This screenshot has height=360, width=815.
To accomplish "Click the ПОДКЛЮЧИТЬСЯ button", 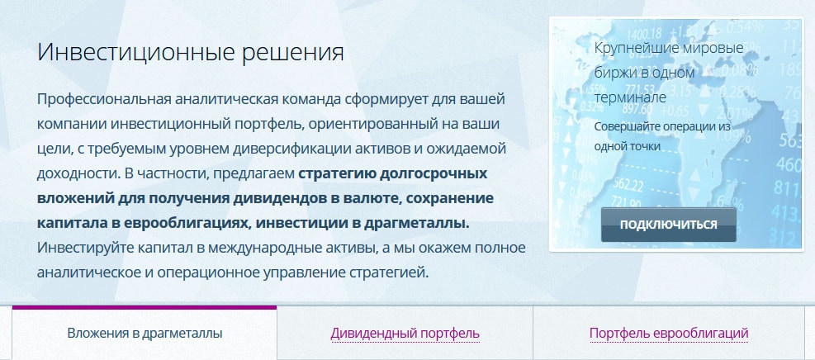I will click(x=668, y=224).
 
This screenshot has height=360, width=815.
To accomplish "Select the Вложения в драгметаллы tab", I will click(x=145, y=334).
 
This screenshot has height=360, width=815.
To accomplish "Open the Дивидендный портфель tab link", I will click(x=405, y=334).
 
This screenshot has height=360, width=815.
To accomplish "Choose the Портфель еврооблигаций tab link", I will click(x=669, y=334).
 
